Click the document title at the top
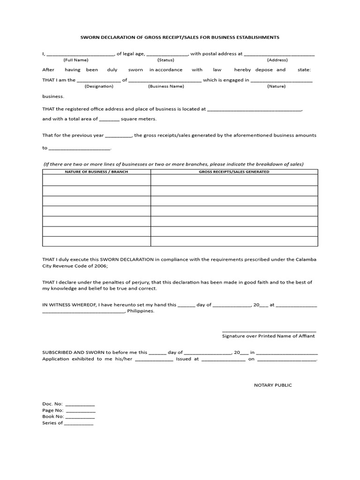pos(180,37)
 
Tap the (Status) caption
pos(165,60)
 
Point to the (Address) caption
pos(277,60)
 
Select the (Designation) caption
pos(99,86)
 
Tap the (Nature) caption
pos(277,86)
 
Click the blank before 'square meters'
pos(110,120)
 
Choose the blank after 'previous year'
pos(119,136)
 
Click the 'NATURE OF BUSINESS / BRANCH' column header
pos(96,172)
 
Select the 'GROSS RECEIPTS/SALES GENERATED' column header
pos(234,172)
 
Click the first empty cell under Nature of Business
pos(96,180)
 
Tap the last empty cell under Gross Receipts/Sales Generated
pos(234,241)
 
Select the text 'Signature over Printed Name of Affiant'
pos(269,336)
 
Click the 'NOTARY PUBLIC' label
pos(273,385)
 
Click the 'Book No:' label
pos(52,416)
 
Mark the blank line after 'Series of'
pos(79,424)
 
